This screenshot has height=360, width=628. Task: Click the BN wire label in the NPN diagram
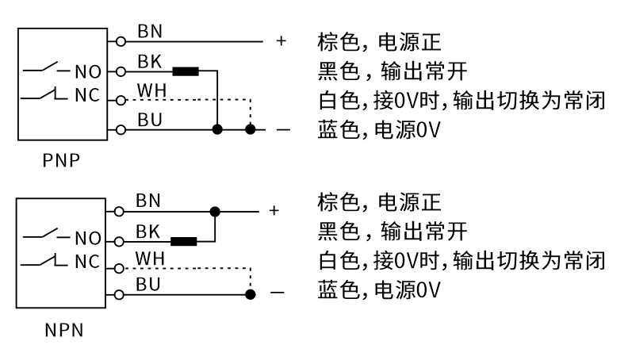[148, 201]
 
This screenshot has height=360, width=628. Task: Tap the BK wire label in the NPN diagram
[148, 231]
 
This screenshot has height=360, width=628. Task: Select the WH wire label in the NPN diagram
[149, 259]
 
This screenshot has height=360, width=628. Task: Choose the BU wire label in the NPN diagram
[148, 285]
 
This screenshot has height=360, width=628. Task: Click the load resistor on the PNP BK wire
[186, 71]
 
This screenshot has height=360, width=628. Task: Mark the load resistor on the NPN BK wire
[184, 241]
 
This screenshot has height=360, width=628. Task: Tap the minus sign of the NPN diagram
[276, 294]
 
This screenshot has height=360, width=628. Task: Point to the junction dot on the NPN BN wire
[215, 211]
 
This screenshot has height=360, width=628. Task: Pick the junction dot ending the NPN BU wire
[251, 294]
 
